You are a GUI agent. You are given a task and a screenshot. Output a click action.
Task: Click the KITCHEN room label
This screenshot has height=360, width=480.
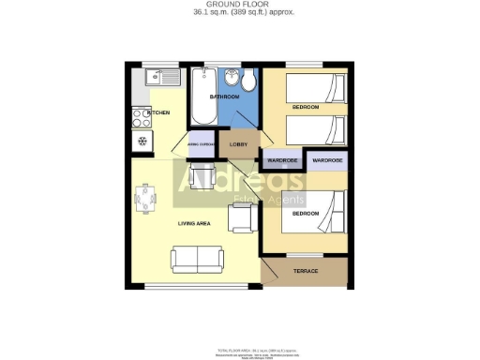(x=159, y=112)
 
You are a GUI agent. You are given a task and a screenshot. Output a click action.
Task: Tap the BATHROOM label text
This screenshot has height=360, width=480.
(x=224, y=97)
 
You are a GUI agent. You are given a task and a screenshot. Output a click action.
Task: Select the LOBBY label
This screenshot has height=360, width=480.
(x=238, y=143)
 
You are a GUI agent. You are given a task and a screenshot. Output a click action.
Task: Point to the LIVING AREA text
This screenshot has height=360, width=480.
(x=194, y=223)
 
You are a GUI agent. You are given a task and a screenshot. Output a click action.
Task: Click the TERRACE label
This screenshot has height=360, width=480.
(x=307, y=271)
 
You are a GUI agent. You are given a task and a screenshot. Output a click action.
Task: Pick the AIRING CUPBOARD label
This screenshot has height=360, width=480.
(x=201, y=145)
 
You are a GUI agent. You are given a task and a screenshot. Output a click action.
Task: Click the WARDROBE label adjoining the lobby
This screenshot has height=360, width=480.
(x=282, y=160)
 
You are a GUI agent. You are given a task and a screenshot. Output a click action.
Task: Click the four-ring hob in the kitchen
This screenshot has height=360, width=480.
(x=141, y=118)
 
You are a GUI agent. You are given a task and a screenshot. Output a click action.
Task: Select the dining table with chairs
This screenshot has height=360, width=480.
(x=146, y=199)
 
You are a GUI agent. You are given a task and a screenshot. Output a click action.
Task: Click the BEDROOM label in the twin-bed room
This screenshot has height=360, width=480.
(x=305, y=108)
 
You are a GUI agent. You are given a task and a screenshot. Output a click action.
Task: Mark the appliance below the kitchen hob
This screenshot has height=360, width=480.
(x=142, y=142)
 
